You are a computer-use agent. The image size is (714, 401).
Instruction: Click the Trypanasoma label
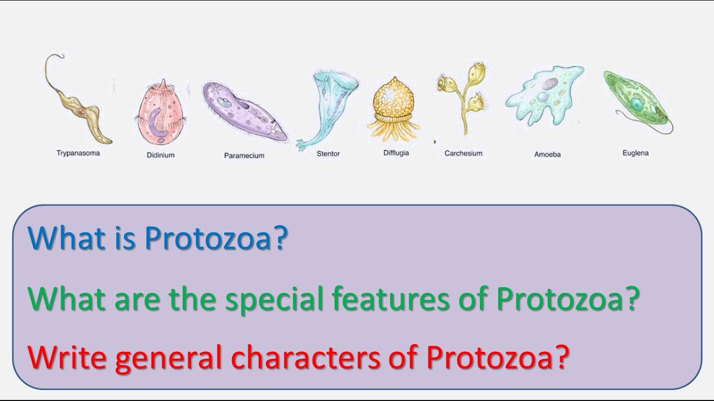click(x=78, y=153)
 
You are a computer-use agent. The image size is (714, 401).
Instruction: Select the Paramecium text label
click(x=244, y=155)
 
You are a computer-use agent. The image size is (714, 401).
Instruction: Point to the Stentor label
click(x=328, y=154)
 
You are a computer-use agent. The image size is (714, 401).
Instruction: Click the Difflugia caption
click(x=395, y=153)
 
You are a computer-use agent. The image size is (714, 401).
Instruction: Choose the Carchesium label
click(x=463, y=153)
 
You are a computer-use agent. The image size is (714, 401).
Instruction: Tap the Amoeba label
click(x=547, y=154)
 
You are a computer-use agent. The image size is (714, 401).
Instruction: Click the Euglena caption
click(x=635, y=153)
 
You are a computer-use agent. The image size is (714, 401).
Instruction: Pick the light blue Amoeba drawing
click(x=544, y=95)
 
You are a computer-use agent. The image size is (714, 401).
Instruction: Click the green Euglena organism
click(x=636, y=100)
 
